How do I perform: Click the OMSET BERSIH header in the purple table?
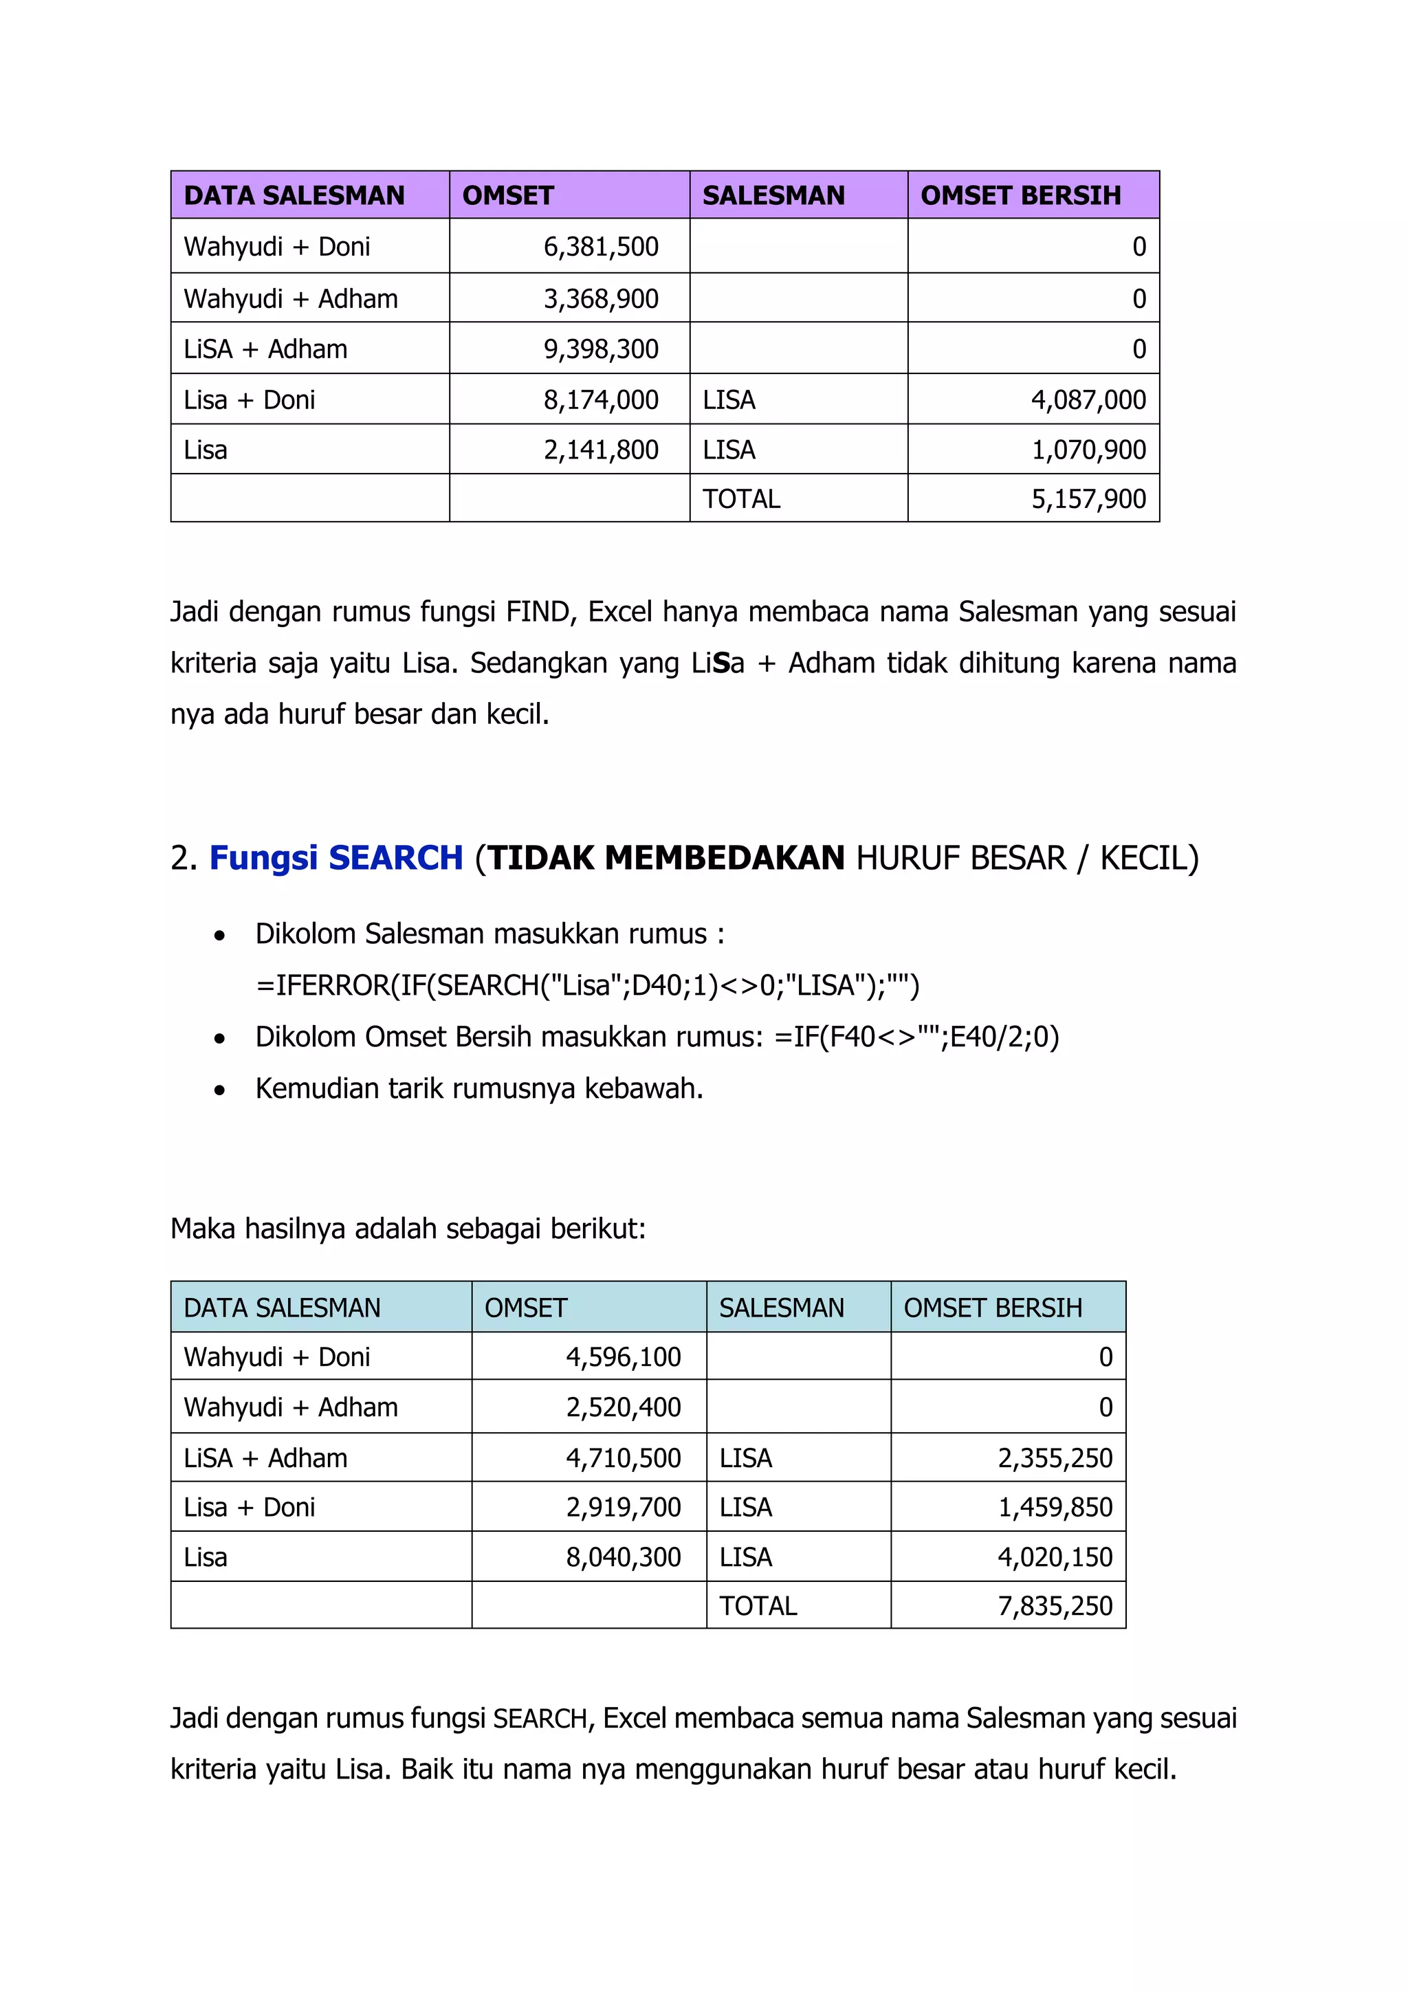[x=1020, y=196]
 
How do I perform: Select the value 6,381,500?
[x=601, y=247]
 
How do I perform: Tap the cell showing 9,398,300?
[x=601, y=349]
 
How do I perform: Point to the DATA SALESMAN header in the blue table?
[x=282, y=1308]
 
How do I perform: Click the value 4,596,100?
[x=624, y=1357]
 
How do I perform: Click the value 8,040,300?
[x=624, y=1557]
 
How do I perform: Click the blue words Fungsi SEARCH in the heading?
[x=336, y=859]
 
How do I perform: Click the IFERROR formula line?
[x=587, y=986]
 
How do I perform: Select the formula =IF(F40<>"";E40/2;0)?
[x=916, y=1037]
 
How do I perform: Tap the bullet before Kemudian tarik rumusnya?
[x=220, y=1090]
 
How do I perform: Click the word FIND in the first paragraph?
[x=537, y=612]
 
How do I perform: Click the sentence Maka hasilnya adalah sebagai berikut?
[x=408, y=1229]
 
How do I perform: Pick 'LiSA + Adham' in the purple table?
[x=265, y=349]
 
